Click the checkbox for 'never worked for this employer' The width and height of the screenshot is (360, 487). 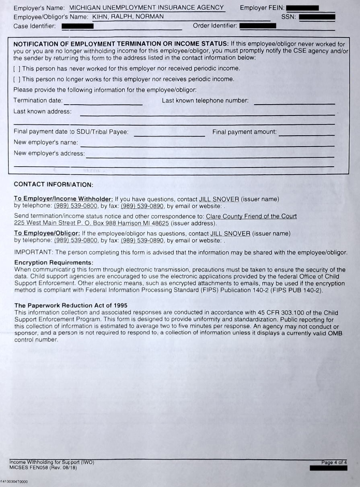point(16,68)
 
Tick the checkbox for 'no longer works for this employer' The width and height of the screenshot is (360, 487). point(16,79)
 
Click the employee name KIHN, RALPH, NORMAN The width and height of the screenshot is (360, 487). point(128,17)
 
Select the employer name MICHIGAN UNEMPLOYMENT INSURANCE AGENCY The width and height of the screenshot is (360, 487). point(146,8)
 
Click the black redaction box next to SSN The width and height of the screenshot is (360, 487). point(317,17)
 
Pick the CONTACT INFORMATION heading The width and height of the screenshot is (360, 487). point(53,185)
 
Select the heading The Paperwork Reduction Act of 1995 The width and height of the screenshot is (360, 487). point(71,305)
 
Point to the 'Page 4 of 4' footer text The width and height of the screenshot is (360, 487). point(334,462)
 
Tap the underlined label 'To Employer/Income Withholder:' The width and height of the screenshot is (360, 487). point(64,199)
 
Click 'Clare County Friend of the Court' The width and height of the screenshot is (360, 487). point(251,216)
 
